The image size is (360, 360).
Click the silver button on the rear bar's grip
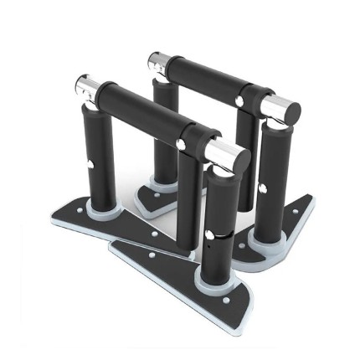[239, 100]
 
